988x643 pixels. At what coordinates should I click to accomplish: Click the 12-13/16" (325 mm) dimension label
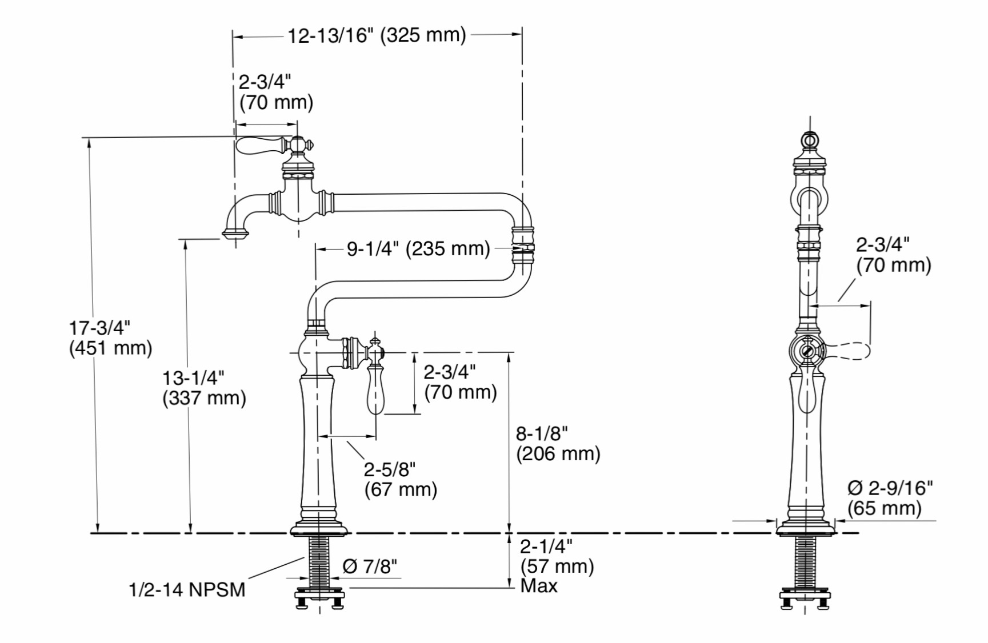[377, 35]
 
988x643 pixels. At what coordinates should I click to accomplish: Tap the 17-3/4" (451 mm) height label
[110, 337]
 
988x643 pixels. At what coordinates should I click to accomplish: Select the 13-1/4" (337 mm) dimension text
[204, 388]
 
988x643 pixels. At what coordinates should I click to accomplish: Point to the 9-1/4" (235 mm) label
[418, 249]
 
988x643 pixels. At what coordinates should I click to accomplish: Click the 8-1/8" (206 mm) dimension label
[558, 444]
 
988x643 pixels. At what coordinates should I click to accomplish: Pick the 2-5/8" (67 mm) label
[401, 480]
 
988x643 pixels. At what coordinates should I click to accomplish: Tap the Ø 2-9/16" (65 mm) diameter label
[890, 498]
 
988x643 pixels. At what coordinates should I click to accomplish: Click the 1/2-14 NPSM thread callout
[187, 589]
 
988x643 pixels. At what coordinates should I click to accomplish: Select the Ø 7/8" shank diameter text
[370, 566]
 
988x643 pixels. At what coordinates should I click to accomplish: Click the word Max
[539, 586]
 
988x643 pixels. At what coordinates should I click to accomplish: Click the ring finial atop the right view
[809, 140]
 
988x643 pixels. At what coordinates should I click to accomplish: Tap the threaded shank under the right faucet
[805, 563]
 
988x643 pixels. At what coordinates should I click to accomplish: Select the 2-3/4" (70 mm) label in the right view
[894, 255]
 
